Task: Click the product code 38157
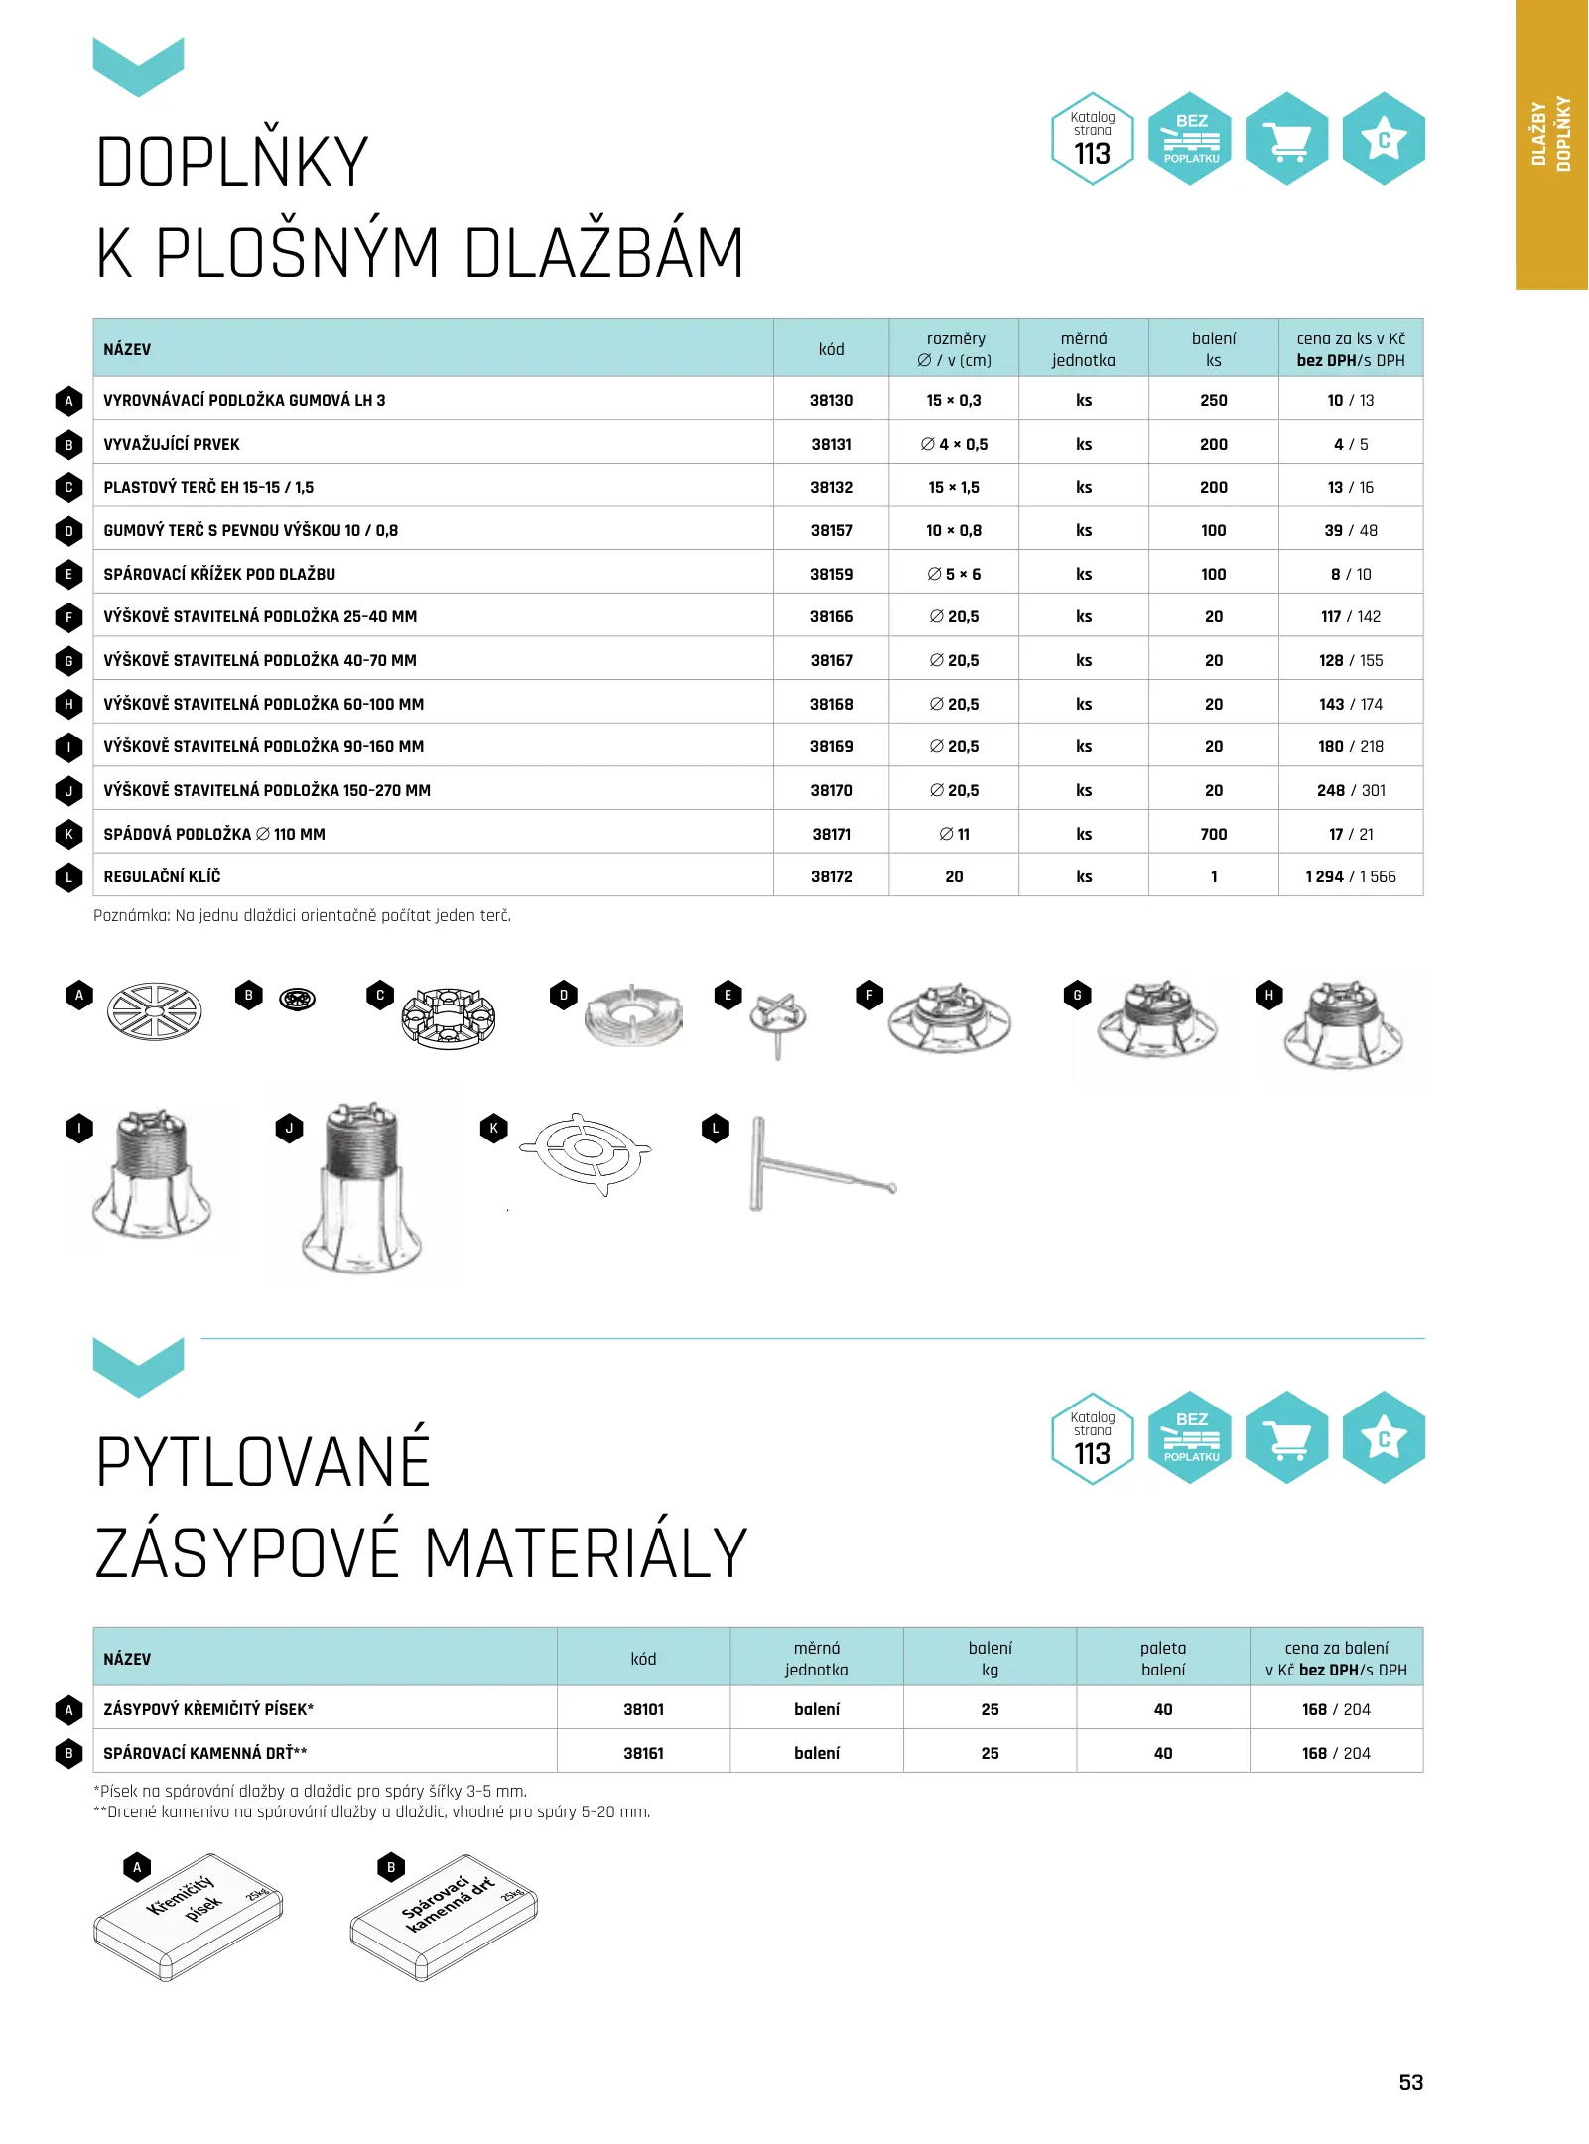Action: click(x=831, y=531)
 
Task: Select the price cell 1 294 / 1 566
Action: click(x=1350, y=877)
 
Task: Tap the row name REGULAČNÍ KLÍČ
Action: click(x=162, y=877)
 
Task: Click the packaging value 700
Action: click(x=1213, y=835)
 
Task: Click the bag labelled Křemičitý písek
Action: click(x=189, y=1916)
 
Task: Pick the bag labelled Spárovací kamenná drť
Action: click(x=444, y=1916)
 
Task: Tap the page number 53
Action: click(x=1410, y=2082)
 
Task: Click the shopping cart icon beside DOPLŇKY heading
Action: click(x=1286, y=139)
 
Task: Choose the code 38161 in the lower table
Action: click(x=643, y=1754)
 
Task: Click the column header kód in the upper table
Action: click(x=831, y=349)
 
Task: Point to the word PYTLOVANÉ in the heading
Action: click(x=263, y=1462)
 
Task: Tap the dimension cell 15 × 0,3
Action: click(x=953, y=401)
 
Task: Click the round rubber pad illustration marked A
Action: click(x=154, y=1011)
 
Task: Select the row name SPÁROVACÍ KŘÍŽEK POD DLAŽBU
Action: click(x=219, y=575)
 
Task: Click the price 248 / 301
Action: click(x=1350, y=791)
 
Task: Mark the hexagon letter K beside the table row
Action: click(x=68, y=835)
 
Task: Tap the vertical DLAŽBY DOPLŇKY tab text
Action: click(x=1550, y=134)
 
